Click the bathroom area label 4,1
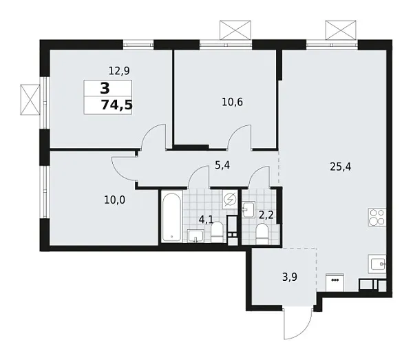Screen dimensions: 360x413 (206, 220)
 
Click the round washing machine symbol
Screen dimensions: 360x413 (230, 200)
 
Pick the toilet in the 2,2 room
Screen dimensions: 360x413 (262, 233)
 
